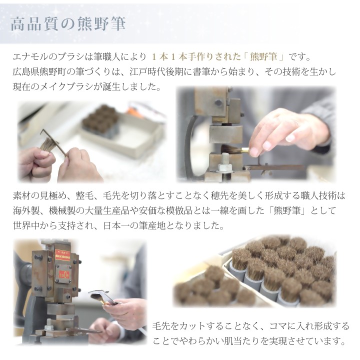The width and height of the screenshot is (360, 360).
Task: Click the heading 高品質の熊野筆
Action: click(68, 24)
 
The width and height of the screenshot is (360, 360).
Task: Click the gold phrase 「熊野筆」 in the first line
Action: click(263, 56)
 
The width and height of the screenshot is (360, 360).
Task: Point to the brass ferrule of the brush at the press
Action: click(244, 150)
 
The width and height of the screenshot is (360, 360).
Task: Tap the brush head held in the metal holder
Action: click(97, 298)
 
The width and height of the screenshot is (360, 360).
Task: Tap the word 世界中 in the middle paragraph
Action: click(26, 226)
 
